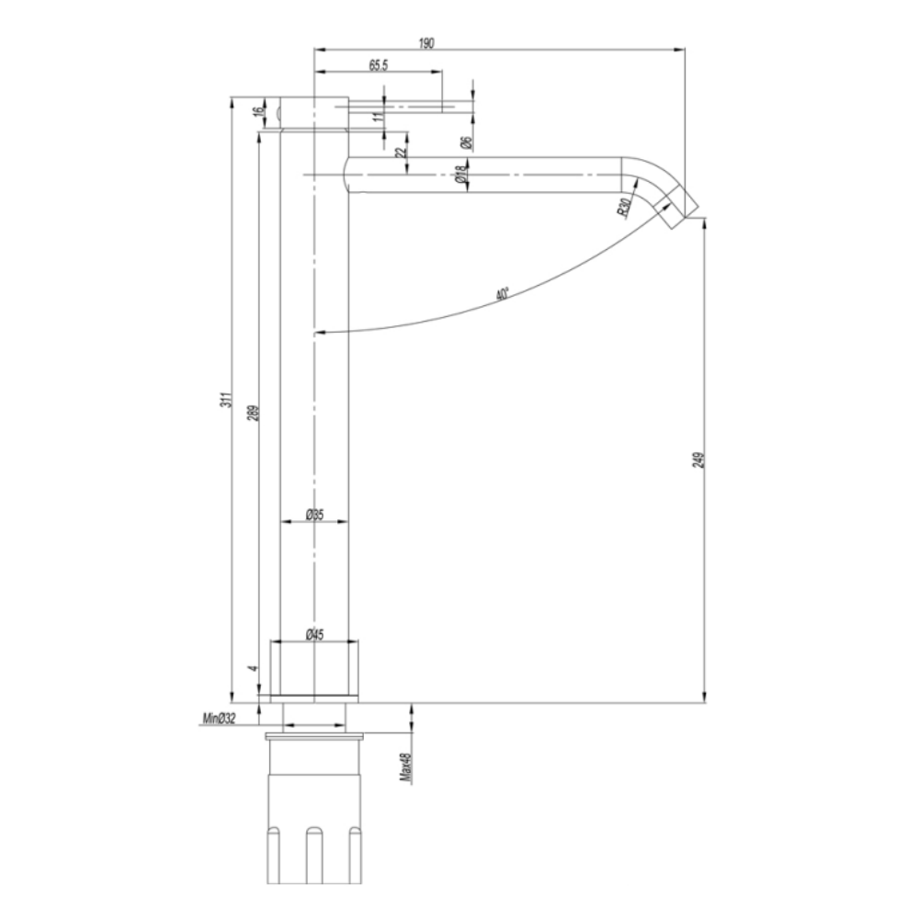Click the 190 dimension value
(426, 41)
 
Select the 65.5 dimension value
(378, 65)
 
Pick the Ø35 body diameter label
(314, 515)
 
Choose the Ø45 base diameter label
(314, 634)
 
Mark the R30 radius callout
(624, 207)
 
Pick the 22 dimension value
(399, 154)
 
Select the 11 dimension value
(377, 117)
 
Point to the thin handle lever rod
(414, 108)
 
